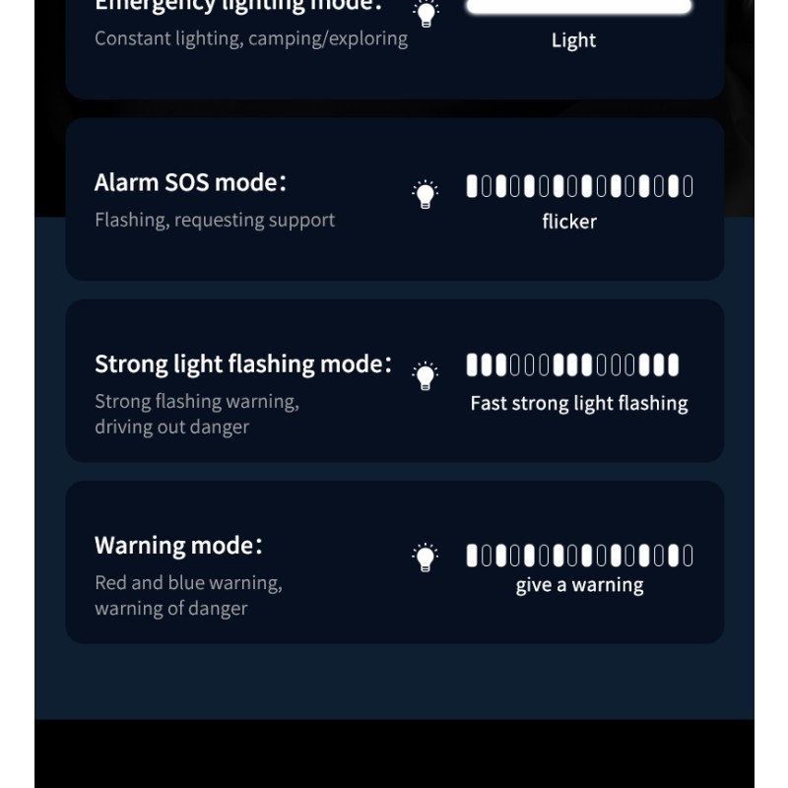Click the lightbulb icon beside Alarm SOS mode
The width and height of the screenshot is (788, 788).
click(425, 193)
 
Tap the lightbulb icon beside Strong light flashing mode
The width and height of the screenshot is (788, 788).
click(425, 374)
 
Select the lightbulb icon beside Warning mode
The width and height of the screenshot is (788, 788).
click(425, 557)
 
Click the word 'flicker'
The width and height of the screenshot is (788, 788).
click(569, 222)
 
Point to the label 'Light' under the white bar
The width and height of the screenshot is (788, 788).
click(573, 40)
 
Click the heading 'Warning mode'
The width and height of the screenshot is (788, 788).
click(178, 545)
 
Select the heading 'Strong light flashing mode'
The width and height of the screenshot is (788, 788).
click(242, 363)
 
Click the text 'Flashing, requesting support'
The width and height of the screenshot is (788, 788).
click(215, 220)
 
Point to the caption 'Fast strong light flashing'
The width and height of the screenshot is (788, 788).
click(579, 403)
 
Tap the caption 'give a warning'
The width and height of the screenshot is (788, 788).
click(579, 585)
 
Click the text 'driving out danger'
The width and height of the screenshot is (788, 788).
click(171, 427)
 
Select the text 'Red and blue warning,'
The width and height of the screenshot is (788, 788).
click(188, 582)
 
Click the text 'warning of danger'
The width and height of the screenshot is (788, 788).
click(170, 608)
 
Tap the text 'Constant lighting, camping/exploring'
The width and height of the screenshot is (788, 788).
click(251, 38)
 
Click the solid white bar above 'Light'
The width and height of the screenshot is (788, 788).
click(579, 6)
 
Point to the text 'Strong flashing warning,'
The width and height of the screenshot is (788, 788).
click(197, 401)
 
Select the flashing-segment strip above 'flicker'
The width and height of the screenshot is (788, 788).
click(579, 186)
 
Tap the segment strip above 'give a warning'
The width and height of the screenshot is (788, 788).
click(579, 556)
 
